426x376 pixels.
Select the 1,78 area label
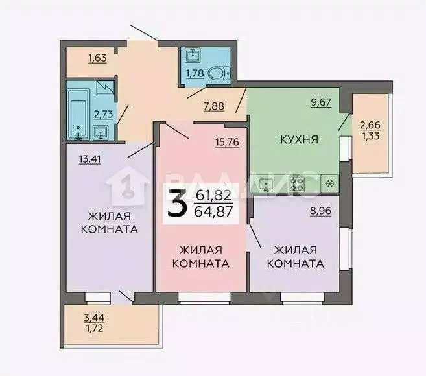click(x=195, y=73)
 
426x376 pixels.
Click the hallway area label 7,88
click(x=214, y=107)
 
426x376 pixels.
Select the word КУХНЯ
click(x=299, y=138)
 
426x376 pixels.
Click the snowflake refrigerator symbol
click(x=329, y=184)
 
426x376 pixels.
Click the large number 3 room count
click(x=174, y=204)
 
